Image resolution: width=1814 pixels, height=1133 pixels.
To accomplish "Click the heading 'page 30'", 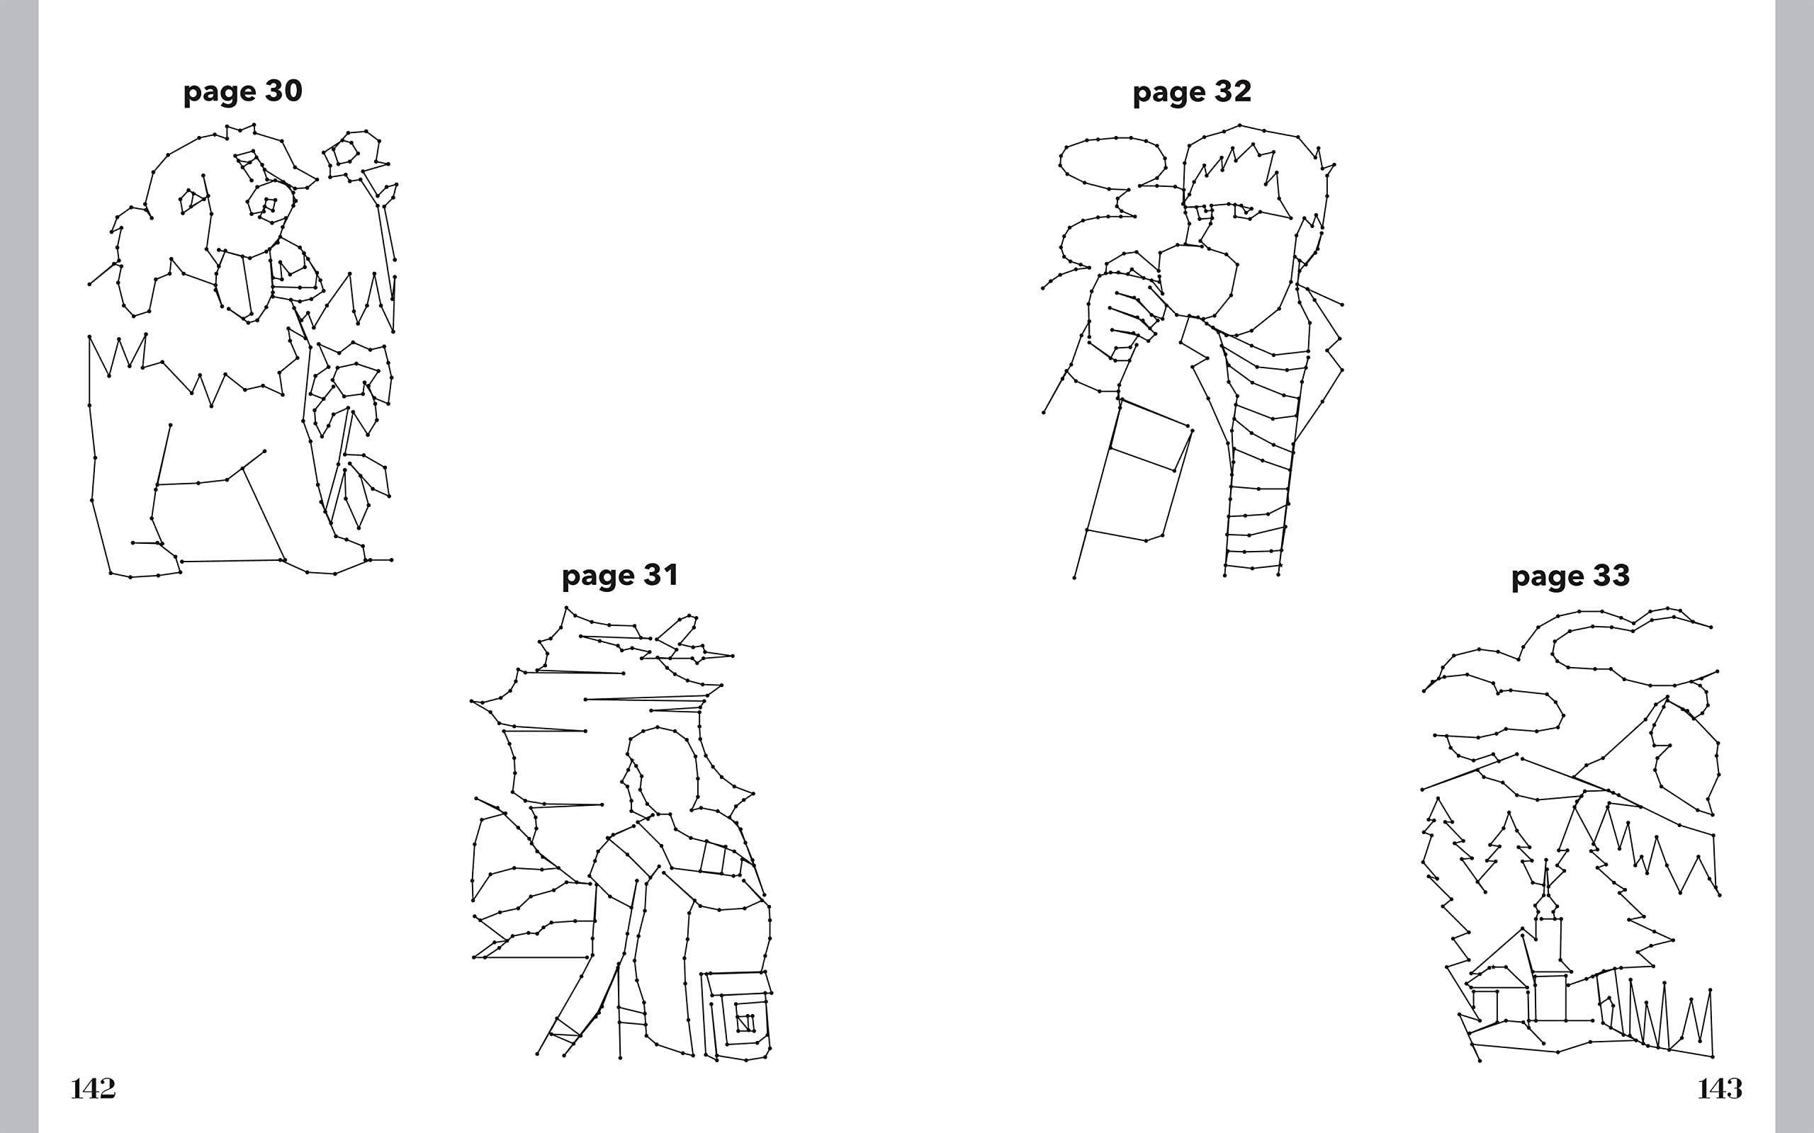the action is coord(243,92).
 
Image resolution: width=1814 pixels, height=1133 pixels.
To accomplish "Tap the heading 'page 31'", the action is coord(620,576).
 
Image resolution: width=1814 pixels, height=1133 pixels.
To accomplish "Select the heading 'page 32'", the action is coord(1192,93).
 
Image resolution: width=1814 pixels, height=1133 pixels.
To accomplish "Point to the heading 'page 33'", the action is coord(1570,577).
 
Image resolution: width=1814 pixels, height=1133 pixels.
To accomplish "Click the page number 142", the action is coord(93,1089).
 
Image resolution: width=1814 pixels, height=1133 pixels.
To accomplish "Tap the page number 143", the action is coord(1720,1089).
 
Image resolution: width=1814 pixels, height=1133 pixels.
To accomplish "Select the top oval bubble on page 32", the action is coord(1113,160).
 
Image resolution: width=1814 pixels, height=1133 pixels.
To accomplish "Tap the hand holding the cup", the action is coord(1120,314).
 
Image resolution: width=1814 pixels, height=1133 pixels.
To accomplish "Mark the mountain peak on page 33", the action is coord(1666,700).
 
